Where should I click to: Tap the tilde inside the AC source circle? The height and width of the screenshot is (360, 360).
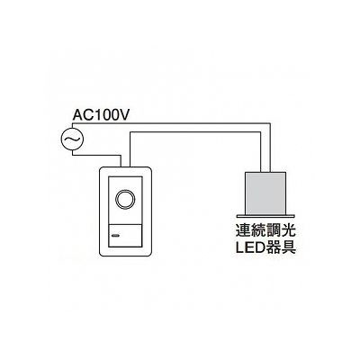point(72,139)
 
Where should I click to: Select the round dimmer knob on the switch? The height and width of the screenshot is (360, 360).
point(125,199)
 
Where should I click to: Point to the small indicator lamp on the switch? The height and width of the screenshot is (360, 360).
point(115,235)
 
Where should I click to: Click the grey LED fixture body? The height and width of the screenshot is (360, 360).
point(265,193)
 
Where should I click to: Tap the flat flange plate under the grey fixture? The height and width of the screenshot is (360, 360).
point(265,216)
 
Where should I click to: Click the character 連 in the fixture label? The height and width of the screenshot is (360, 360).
point(242,231)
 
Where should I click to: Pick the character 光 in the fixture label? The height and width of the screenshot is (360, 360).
point(288,231)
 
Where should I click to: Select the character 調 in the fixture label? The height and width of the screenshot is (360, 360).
point(273,231)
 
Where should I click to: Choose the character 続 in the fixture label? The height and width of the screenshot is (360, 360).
point(257,231)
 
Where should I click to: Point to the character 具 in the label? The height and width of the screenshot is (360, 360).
point(288,247)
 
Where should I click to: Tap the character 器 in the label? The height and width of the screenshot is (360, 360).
point(273,247)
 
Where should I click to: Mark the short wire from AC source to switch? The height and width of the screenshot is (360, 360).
point(96,155)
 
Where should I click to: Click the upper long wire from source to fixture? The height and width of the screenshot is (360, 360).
point(171,122)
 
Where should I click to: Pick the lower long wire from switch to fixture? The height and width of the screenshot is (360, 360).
point(195,132)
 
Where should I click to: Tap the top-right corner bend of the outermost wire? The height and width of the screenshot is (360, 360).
point(271,122)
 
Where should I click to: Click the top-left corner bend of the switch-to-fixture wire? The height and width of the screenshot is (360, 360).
point(130,132)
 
